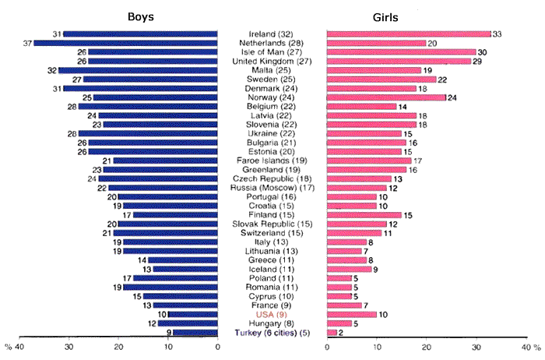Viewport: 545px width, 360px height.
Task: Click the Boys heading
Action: pyautogui.click(x=141, y=17)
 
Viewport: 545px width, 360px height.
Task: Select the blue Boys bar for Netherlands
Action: pyautogui.click(x=125, y=43)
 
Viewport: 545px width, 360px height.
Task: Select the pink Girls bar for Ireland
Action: pyautogui.click(x=409, y=34)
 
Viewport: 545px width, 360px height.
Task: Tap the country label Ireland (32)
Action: pyautogui.click(x=272, y=34)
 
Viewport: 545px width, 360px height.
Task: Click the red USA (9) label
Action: pyautogui.click(x=272, y=314)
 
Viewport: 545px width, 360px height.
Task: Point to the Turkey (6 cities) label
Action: pyautogui.click(x=272, y=333)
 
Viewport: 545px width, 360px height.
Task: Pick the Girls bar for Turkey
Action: pyautogui.click(x=332, y=333)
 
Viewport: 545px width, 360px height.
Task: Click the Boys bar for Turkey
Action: pyautogui.click(x=195, y=333)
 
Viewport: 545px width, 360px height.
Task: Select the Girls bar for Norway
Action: pyautogui.click(x=386, y=97)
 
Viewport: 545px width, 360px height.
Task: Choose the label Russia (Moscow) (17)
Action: pyautogui.click(x=272, y=188)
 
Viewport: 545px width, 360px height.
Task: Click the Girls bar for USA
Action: pyautogui.click(x=351, y=314)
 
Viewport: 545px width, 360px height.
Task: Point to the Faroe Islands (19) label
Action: pyautogui.click(x=272, y=161)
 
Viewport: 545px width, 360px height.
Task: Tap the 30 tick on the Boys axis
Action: pyautogui.click(x=69, y=348)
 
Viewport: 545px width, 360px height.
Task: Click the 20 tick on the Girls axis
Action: pyautogui.click(x=426, y=348)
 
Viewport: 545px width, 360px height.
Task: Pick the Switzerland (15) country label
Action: pyautogui.click(x=272, y=233)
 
